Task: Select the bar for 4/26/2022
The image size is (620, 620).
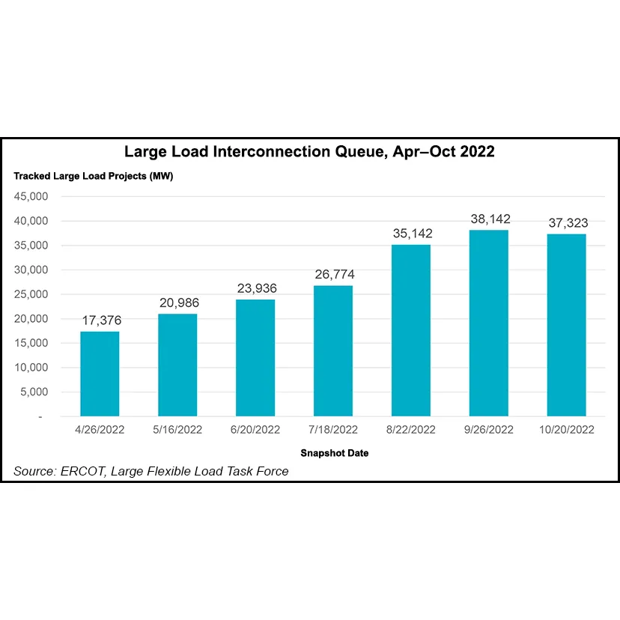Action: pos(100,374)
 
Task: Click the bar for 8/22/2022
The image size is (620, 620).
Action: pos(411,330)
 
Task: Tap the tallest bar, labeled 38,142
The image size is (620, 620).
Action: pos(489,323)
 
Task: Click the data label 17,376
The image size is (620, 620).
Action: pos(100,320)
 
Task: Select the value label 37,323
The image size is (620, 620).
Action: pos(567,223)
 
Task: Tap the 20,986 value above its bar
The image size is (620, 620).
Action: pos(177,303)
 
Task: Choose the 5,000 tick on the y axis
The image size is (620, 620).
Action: pos(34,392)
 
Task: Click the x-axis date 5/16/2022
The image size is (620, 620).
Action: pos(177,430)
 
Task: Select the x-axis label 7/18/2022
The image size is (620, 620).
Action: pos(333,430)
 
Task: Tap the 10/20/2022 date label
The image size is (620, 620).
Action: pos(567,430)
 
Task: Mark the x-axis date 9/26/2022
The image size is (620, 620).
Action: pos(489,430)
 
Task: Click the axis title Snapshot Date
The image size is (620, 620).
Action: pos(334,453)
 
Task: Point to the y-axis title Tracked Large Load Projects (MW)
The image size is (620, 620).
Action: pos(94,177)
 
